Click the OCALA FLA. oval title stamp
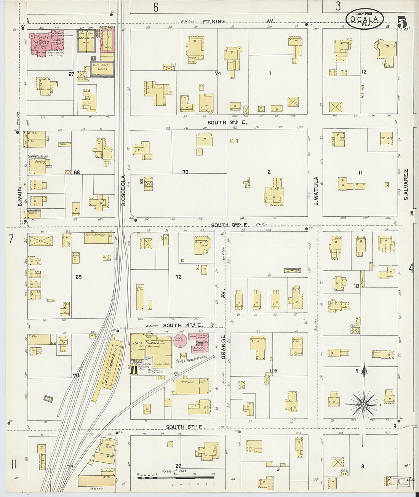[364, 19]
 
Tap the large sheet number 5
[401, 22]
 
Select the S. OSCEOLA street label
[123, 190]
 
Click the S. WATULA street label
[316, 191]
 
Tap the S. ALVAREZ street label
[406, 185]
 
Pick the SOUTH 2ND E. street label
[227, 123]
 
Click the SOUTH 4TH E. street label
[183, 325]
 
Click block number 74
[218, 73]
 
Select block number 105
[273, 371]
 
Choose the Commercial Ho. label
[38, 157]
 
